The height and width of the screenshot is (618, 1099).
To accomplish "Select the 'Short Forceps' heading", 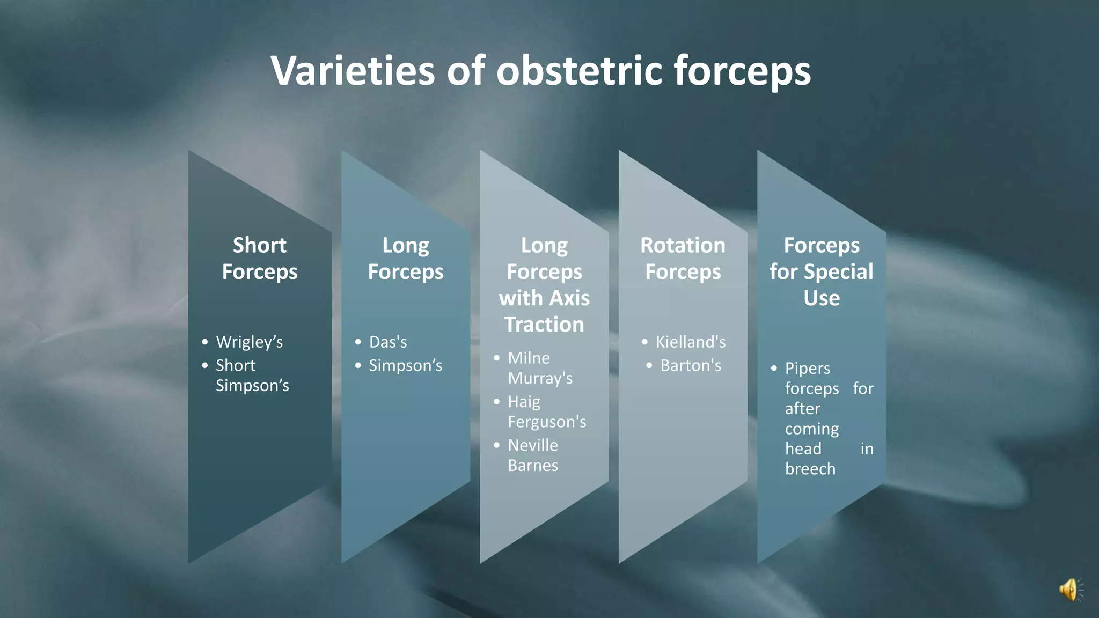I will pyautogui.click(x=260, y=258).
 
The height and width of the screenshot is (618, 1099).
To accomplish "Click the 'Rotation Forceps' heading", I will pyautogui.click(x=683, y=258).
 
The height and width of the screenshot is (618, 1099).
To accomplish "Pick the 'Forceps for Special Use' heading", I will pyautogui.click(x=821, y=271).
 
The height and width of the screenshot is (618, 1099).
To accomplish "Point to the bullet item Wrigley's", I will pyautogui.click(x=249, y=342).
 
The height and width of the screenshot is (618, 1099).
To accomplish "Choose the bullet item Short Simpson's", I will pyautogui.click(x=252, y=375).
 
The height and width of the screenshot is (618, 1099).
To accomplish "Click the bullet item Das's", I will pyautogui.click(x=388, y=342).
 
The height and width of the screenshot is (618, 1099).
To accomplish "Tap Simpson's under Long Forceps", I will pyautogui.click(x=405, y=365).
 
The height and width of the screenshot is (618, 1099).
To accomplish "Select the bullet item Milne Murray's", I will pyautogui.click(x=539, y=368).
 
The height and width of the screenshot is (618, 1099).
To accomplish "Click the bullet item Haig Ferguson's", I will pyautogui.click(x=546, y=411).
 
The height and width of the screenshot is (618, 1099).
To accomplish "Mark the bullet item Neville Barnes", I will pyautogui.click(x=533, y=455).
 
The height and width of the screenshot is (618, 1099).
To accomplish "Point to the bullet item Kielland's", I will pyautogui.click(x=691, y=342).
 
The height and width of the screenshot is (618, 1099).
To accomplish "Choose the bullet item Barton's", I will pyautogui.click(x=691, y=365).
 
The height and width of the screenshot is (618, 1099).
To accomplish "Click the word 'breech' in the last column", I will pyautogui.click(x=810, y=469).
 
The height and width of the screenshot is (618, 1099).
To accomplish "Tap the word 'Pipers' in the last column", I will pyautogui.click(x=807, y=368).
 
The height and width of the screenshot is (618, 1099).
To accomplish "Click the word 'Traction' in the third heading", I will pyautogui.click(x=544, y=325).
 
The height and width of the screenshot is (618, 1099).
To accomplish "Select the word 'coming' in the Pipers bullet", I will pyautogui.click(x=811, y=429).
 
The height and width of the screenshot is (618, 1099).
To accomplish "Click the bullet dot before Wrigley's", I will pyautogui.click(x=204, y=342).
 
